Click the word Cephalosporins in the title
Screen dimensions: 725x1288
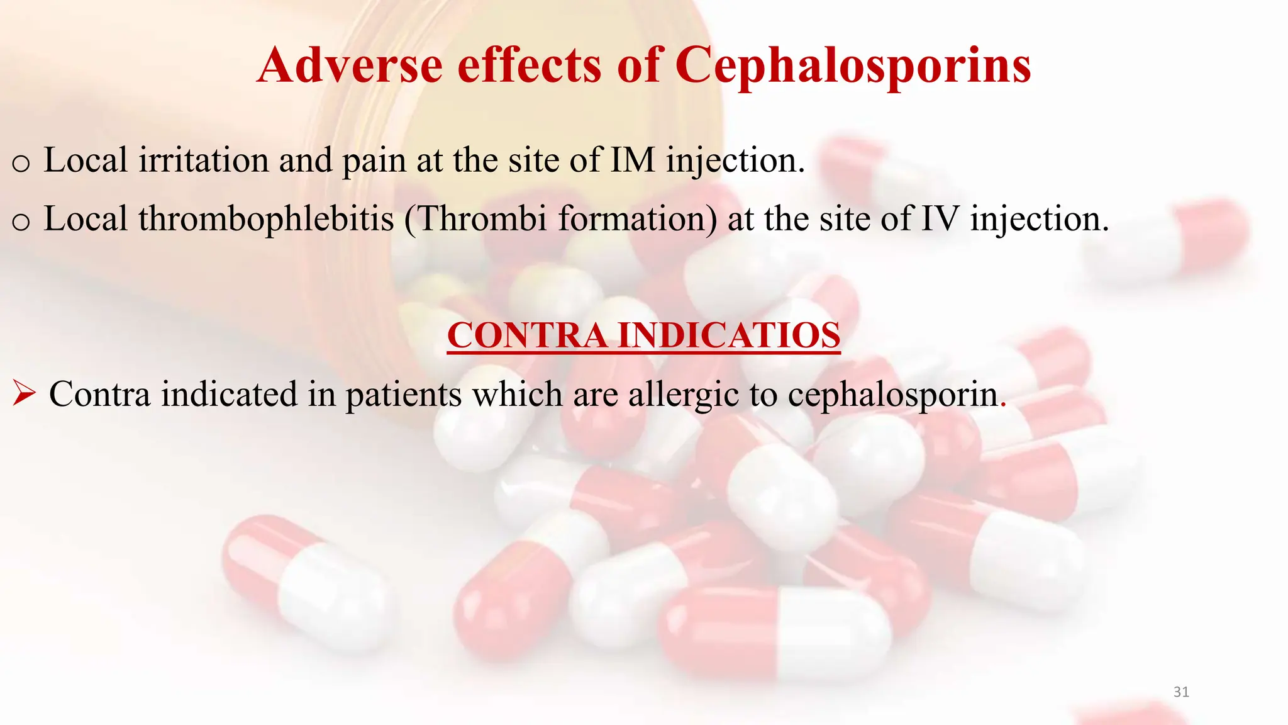click(852, 65)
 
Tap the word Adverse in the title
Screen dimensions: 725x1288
click(350, 65)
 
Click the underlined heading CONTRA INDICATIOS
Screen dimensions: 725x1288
click(643, 335)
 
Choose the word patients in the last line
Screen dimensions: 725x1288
click(403, 395)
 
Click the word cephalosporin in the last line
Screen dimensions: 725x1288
click(893, 395)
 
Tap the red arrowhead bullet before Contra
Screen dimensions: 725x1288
click(24, 395)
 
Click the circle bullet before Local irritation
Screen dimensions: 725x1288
click(21, 164)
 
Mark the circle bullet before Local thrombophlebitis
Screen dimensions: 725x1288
click(21, 222)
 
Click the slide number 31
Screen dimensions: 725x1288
click(1181, 692)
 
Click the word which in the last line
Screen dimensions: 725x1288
click(518, 395)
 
